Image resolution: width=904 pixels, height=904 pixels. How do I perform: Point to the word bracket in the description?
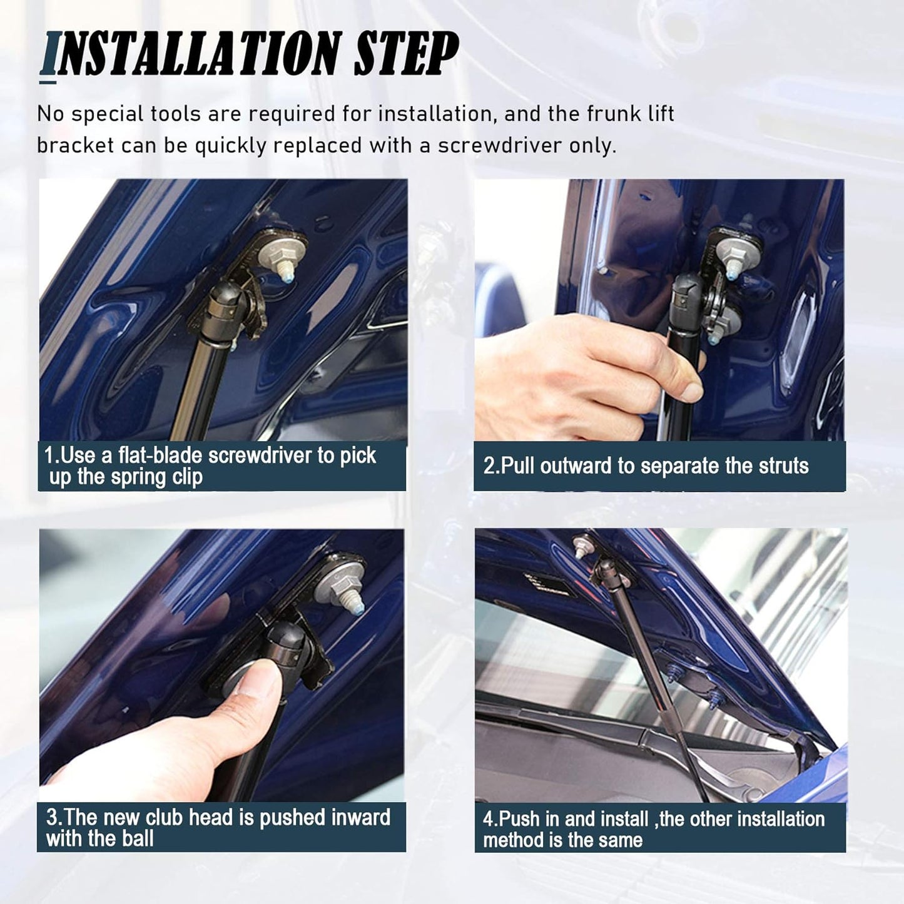coord(76,145)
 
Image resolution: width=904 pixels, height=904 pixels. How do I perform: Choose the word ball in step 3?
coord(138,838)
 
